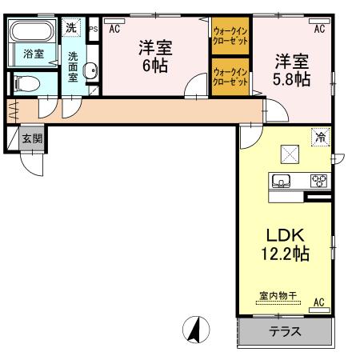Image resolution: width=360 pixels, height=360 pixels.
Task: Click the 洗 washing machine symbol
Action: [71, 27]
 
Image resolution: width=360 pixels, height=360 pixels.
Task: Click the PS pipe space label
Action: [93, 30]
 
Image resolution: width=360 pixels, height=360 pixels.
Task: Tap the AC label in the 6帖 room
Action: [114, 29]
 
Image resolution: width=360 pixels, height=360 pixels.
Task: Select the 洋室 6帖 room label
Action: [154, 56]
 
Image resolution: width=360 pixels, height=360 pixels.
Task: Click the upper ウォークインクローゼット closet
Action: [231, 36]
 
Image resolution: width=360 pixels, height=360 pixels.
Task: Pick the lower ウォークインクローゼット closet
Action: [231, 77]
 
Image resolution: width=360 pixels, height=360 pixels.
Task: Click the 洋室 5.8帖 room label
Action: [293, 69]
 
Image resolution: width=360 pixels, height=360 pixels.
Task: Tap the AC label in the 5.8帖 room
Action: [319, 29]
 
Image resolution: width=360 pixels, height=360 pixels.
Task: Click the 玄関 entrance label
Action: [33, 138]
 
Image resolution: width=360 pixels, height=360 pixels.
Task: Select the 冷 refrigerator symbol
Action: [321, 138]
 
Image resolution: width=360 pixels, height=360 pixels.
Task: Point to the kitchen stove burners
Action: [318, 179]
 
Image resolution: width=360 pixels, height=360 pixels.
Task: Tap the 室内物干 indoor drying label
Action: [278, 296]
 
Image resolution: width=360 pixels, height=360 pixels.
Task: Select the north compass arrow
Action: [194, 328]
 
